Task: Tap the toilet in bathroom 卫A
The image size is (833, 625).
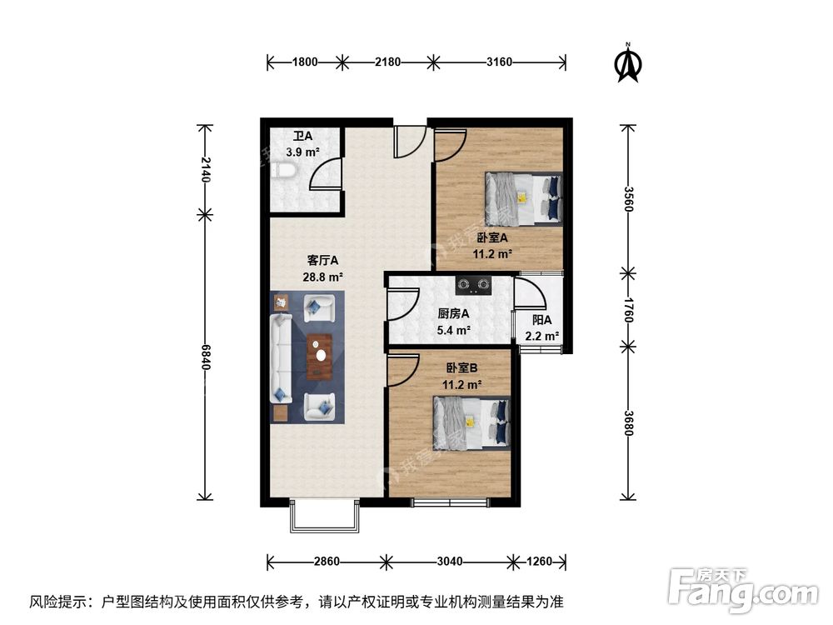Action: point(284,170)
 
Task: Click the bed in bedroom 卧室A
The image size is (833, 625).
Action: point(524,198)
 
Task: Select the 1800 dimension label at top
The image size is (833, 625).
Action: point(305,61)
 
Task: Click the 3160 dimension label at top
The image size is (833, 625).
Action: point(499,61)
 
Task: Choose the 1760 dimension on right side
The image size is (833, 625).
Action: point(629,309)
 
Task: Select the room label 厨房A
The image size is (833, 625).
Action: point(453,314)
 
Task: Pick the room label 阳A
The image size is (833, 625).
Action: point(541,319)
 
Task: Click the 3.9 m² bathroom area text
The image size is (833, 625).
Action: point(302,152)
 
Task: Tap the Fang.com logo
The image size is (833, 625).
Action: point(744,590)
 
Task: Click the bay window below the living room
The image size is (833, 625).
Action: point(326,517)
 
